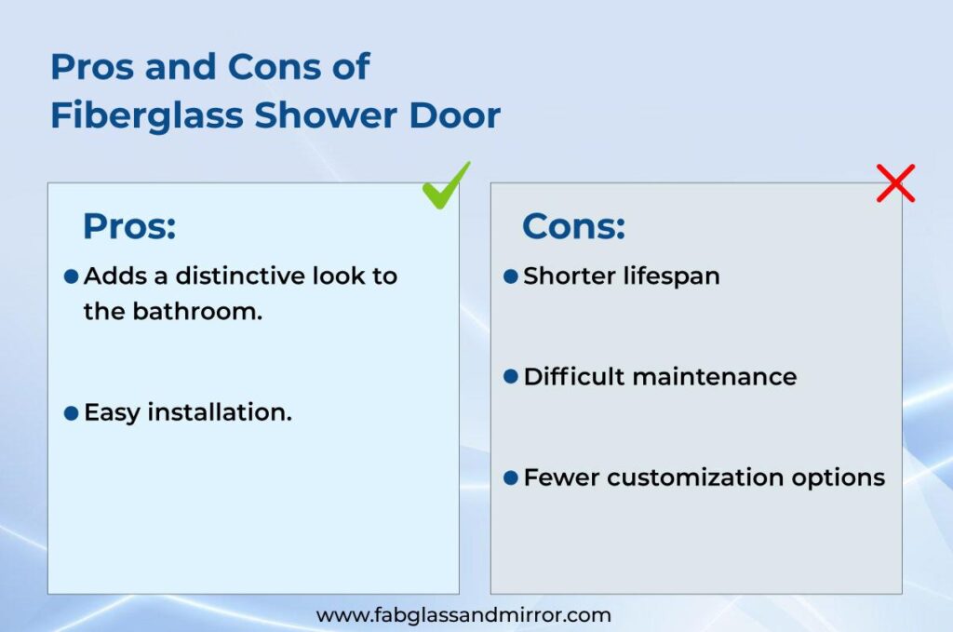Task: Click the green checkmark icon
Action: pyautogui.click(x=446, y=185)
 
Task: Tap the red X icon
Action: pyautogui.click(x=895, y=183)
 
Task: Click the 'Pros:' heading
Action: pyautogui.click(x=129, y=226)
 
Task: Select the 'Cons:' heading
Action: pyautogui.click(x=573, y=226)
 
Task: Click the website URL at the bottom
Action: pyautogui.click(x=463, y=615)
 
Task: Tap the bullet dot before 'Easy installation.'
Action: pyautogui.click(x=71, y=413)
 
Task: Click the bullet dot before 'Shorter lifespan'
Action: pyautogui.click(x=510, y=276)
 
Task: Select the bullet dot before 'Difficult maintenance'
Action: pyautogui.click(x=510, y=377)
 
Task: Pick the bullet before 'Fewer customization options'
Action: pyautogui.click(x=510, y=477)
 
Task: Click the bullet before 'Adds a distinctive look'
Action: pyautogui.click(x=71, y=276)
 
